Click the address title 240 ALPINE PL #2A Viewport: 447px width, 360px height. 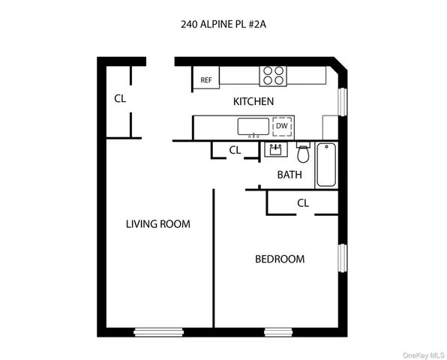point(223,23)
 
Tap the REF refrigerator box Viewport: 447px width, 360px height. point(205,79)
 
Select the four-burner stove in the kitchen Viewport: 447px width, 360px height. point(273,75)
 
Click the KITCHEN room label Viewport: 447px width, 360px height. point(253,101)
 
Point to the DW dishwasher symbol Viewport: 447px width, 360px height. point(281,126)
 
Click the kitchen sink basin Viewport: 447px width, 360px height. point(253,126)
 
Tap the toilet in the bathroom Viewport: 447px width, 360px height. point(303,154)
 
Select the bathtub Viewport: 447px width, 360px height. point(327,164)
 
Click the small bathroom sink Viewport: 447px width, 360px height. point(275,150)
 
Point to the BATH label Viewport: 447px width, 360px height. point(289,175)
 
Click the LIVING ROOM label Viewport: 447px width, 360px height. point(157,223)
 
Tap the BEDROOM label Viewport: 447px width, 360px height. point(280,259)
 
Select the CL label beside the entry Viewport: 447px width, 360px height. point(120,98)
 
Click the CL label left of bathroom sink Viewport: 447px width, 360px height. point(234,150)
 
